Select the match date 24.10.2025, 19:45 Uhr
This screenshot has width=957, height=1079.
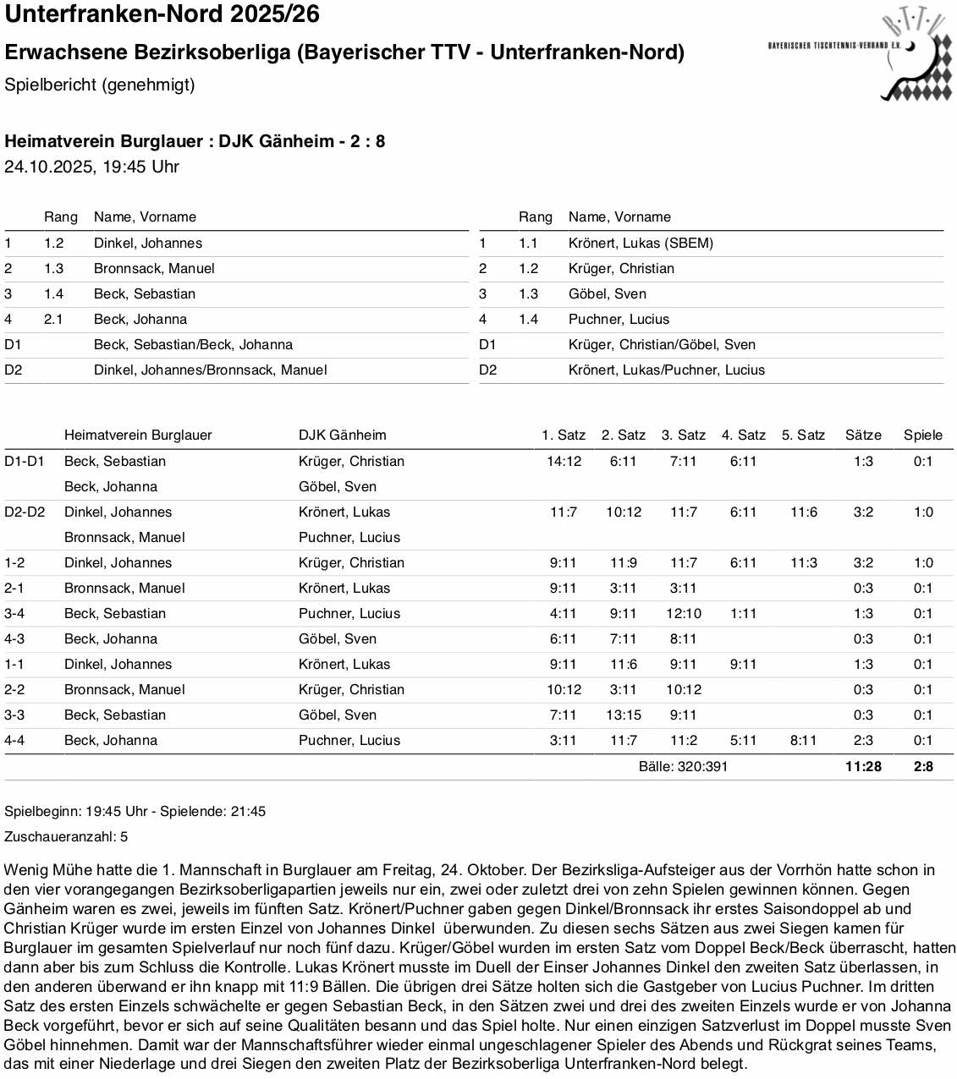pos(91,167)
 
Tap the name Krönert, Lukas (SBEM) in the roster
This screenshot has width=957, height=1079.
pos(641,243)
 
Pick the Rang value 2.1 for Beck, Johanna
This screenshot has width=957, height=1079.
pos(53,319)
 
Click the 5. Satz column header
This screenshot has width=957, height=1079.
pos(803,435)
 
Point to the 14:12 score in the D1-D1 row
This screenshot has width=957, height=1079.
pos(564,461)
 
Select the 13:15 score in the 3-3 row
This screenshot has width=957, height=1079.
pos(624,715)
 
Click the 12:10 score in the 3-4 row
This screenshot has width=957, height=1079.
pos(683,613)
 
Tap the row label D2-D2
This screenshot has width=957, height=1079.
pos(25,512)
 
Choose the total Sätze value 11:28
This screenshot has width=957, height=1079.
pos(863,766)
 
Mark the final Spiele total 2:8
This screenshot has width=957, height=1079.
pos(923,766)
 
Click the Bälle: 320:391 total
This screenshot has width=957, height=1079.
pos(683,766)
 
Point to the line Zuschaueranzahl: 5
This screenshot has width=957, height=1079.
pos(66,836)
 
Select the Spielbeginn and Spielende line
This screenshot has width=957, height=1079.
pos(135,811)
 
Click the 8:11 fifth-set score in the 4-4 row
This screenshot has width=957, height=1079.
pos(803,740)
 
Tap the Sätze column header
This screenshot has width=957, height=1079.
pos(863,435)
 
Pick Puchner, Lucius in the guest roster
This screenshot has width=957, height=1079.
pos(619,319)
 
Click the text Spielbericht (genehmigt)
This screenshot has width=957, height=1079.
pos(100,85)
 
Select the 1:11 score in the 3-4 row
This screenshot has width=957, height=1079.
pos(743,613)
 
